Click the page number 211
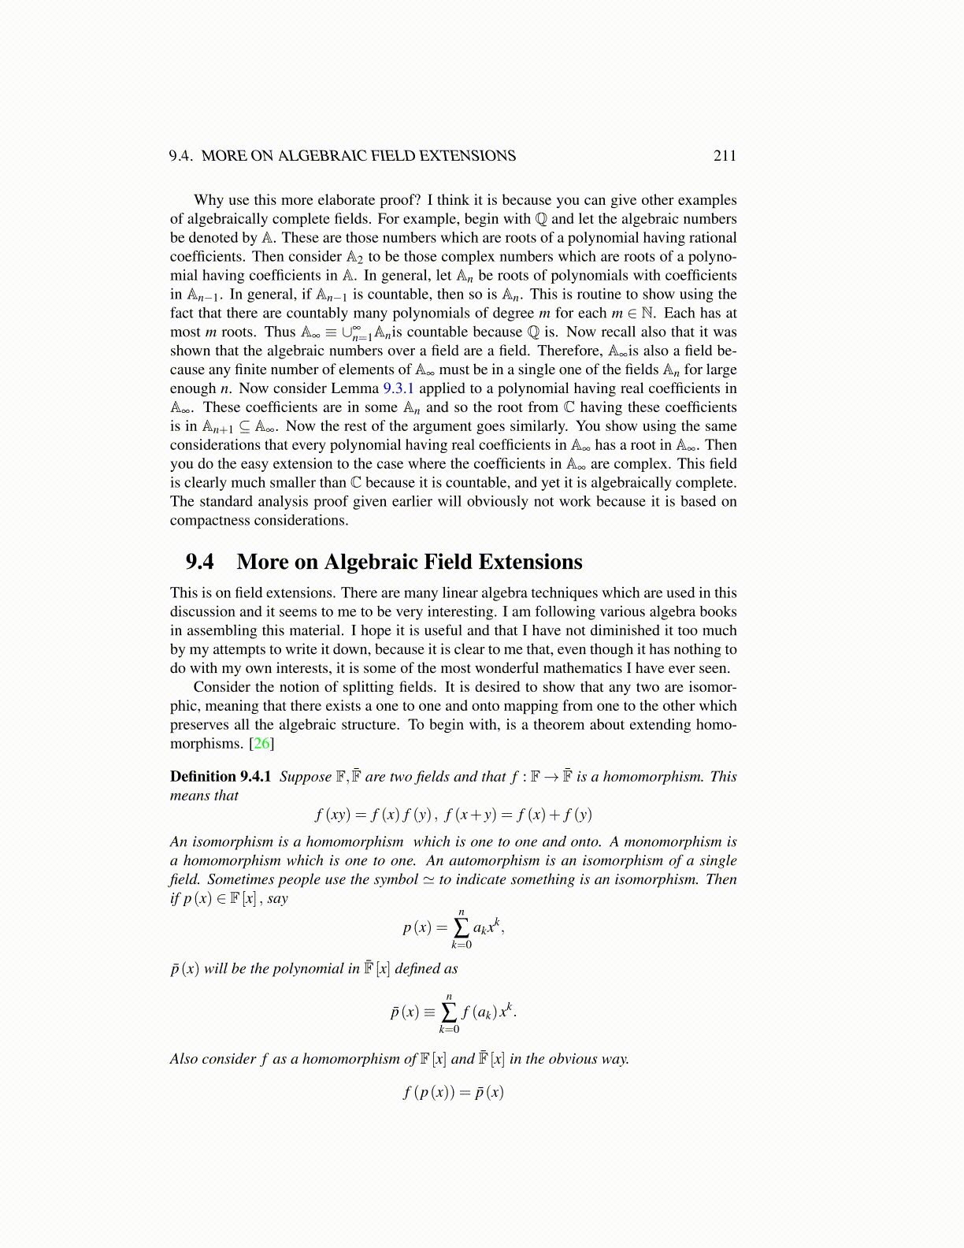click(x=725, y=156)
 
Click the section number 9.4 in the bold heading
click(x=199, y=562)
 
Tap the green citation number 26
click(x=261, y=744)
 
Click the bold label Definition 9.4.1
click(x=221, y=777)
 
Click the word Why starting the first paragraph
click(x=209, y=200)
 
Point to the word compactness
click(x=206, y=521)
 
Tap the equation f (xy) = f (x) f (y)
click(x=374, y=815)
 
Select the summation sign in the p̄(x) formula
click(x=450, y=1012)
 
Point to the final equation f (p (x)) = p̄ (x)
click(x=453, y=1093)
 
